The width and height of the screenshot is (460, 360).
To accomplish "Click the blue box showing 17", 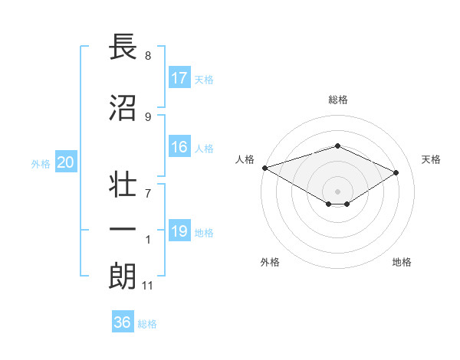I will coord(179,78).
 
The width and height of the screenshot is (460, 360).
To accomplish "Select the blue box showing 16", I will coord(179,148).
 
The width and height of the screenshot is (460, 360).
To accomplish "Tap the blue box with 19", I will coord(179,231).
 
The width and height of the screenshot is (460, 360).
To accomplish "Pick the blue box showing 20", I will coord(66,162).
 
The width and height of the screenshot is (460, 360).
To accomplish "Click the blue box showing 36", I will coord(123,322).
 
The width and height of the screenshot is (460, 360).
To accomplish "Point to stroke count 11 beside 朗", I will coord(148,286).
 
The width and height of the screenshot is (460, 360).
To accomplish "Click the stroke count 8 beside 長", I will coord(148,56).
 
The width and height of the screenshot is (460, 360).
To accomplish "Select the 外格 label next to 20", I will coord(41,163).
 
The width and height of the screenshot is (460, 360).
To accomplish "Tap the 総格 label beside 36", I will coord(147,323).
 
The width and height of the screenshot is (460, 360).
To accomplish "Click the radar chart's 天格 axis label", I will coord(431,159).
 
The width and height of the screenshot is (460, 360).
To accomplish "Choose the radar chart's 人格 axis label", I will coord(245,159).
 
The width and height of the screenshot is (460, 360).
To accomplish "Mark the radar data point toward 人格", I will coord(264,167).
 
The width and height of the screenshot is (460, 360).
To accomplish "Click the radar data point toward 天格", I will coord(396,172).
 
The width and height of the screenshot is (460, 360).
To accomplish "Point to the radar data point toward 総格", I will coord(337,146).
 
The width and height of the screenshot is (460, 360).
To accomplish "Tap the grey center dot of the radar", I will coord(337,191).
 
